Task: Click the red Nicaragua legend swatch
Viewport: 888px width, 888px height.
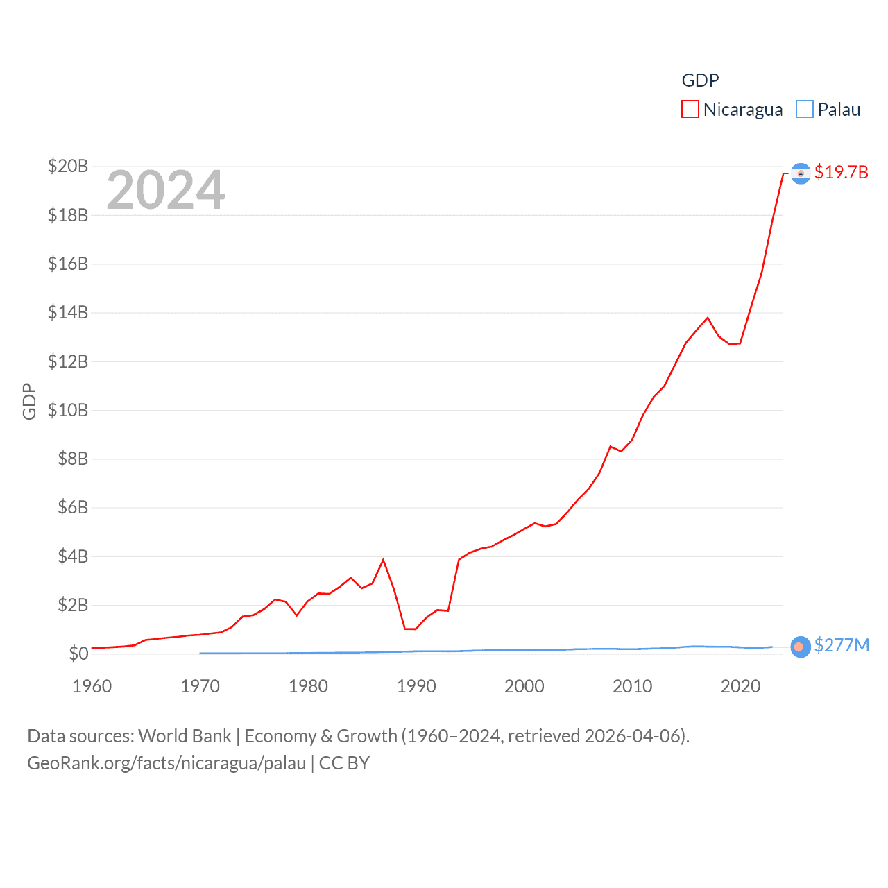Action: pyautogui.click(x=690, y=110)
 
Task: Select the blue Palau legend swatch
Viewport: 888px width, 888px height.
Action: pyautogui.click(x=804, y=110)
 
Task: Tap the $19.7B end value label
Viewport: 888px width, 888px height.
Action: pyautogui.click(x=841, y=172)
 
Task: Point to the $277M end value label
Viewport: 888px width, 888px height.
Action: pyautogui.click(x=842, y=646)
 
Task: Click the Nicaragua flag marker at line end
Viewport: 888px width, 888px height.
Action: pyautogui.click(x=801, y=173)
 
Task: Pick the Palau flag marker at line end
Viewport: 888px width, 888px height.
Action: pyautogui.click(x=801, y=647)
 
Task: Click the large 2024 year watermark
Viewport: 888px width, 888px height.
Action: pyautogui.click(x=166, y=190)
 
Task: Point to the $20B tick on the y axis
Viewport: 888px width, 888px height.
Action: pyautogui.click(x=68, y=166)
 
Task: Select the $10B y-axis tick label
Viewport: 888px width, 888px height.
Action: pyautogui.click(x=68, y=410)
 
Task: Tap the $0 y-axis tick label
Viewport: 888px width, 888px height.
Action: pyautogui.click(x=78, y=654)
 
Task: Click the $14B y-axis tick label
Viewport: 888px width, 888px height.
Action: pyautogui.click(x=68, y=313)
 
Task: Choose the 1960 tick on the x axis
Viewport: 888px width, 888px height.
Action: pyautogui.click(x=92, y=687)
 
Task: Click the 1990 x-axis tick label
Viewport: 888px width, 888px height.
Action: pyautogui.click(x=416, y=687)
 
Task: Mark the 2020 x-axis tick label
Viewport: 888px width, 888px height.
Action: pyautogui.click(x=740, y=687)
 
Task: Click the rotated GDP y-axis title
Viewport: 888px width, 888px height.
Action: pyautogui.click(x=29, y=401)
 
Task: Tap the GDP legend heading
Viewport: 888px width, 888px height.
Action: pyautogui.click(x=700, y=80)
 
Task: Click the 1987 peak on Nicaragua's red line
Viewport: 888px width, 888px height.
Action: pyautogui.click(x=384, y=560)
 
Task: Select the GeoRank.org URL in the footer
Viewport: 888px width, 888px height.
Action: pyautogui.click(x=166, y=763)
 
